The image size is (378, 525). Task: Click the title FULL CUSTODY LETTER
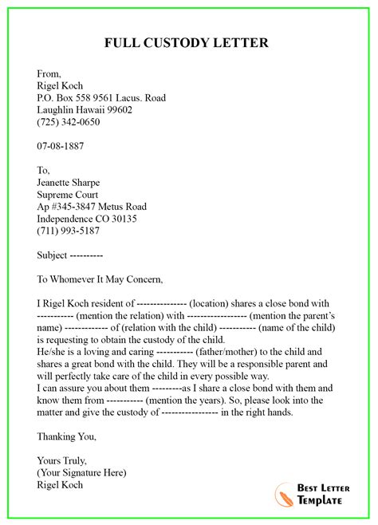(189, 42)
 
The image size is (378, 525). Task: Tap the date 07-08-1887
(61, 147)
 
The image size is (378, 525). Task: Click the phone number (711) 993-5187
(69, 231)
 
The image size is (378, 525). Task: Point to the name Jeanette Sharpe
(73, 182)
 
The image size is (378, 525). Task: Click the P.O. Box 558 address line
(101, 98)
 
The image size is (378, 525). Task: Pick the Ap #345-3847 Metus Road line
(92, 207)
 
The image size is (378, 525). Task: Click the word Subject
(53, 255)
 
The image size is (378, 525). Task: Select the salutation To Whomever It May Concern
(100, 279)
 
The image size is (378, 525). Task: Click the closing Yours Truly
(63, 460)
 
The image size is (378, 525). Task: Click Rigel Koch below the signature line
(60, 484)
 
